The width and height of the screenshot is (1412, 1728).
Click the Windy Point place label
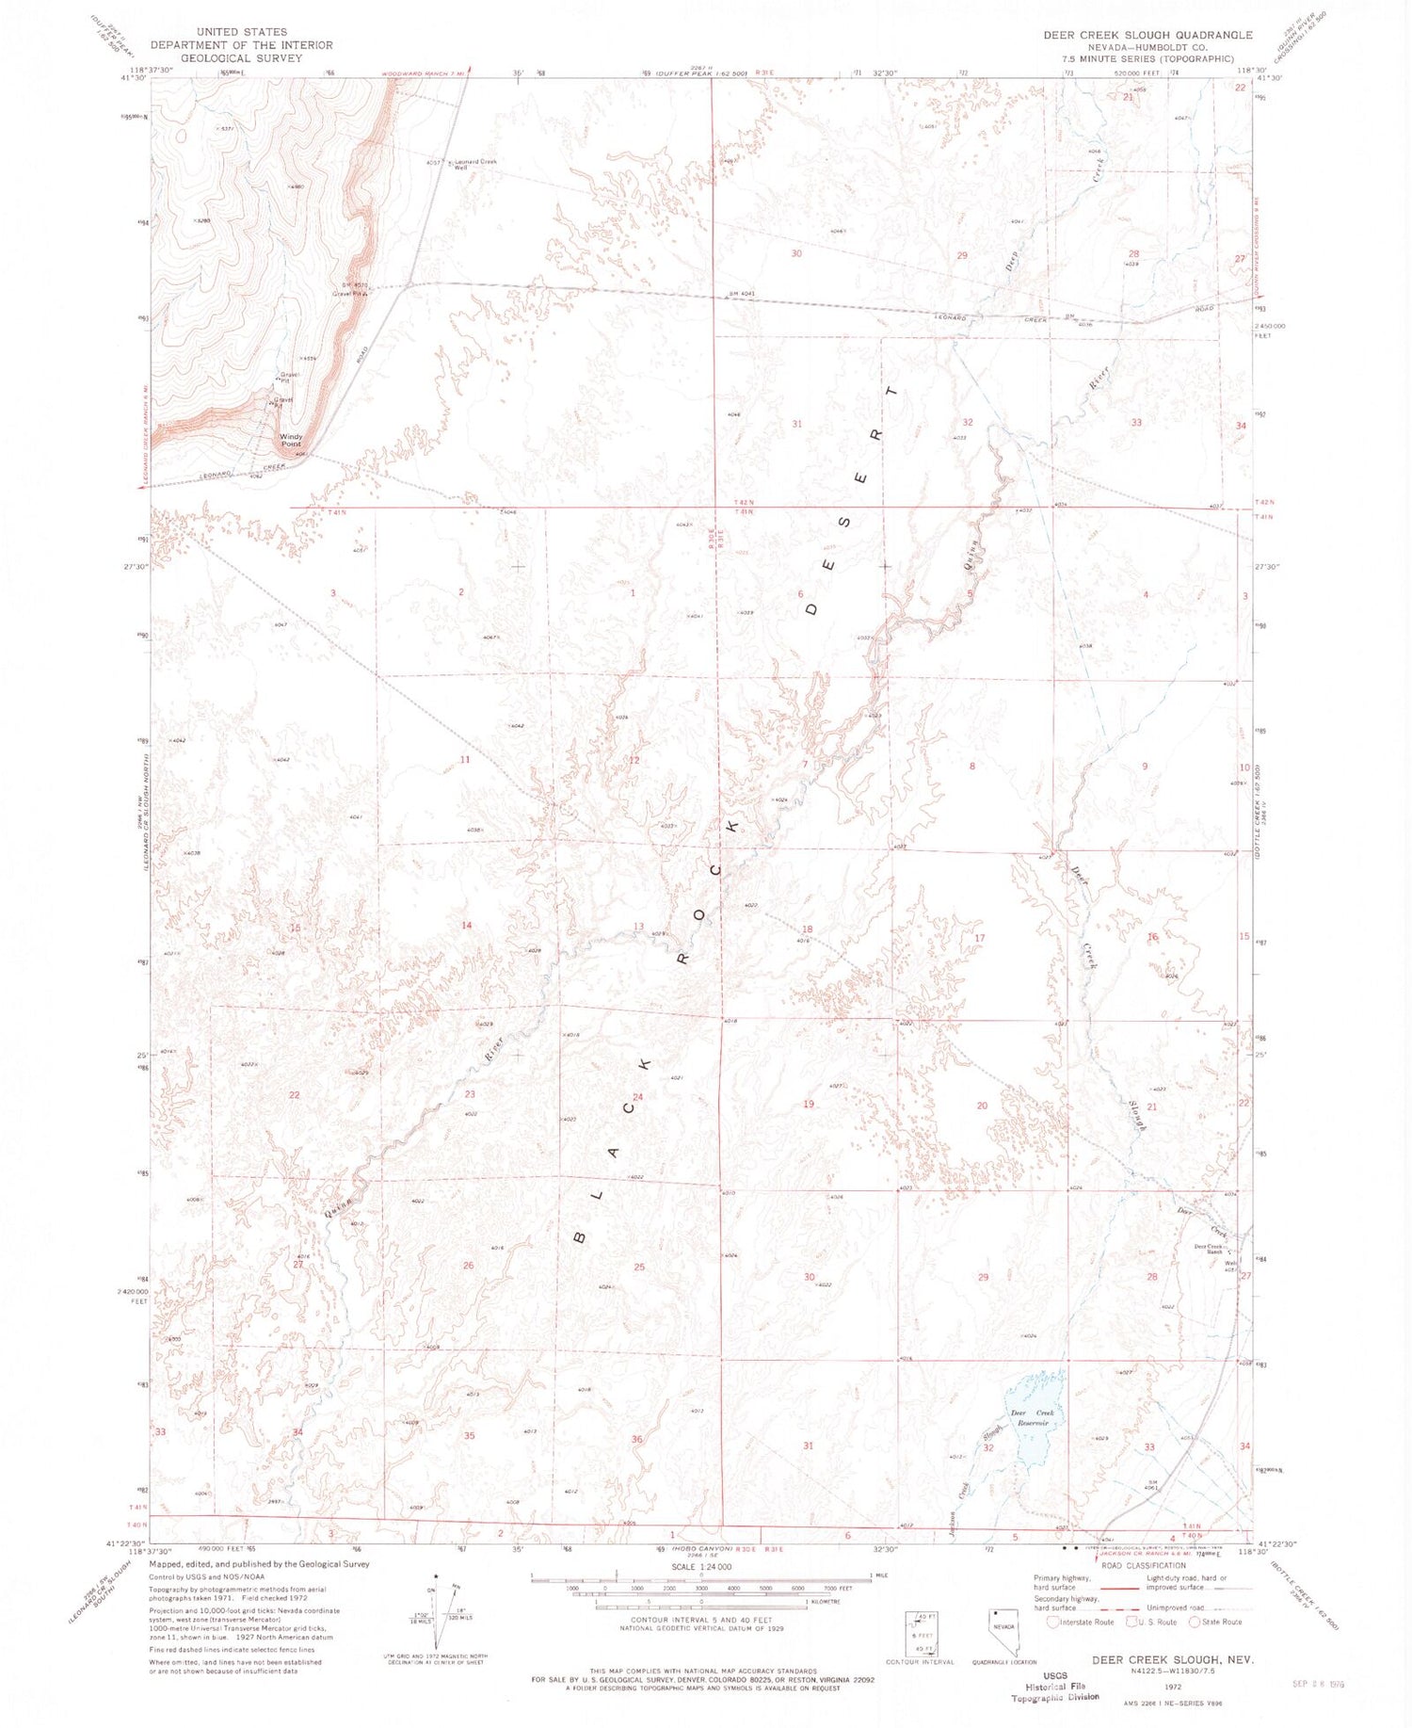pyautogui.click(x=292, y=440)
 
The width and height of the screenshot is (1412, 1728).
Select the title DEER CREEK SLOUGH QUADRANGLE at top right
pyautogui.click(x=1147, y=35)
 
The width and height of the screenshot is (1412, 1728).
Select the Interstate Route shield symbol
pyautogui.click(x=1052, y=1622)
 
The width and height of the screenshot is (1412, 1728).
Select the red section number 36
pyautogui.click(x=637, y=1439)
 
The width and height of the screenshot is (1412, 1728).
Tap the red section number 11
pyautogui.click(x=464, y=759)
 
